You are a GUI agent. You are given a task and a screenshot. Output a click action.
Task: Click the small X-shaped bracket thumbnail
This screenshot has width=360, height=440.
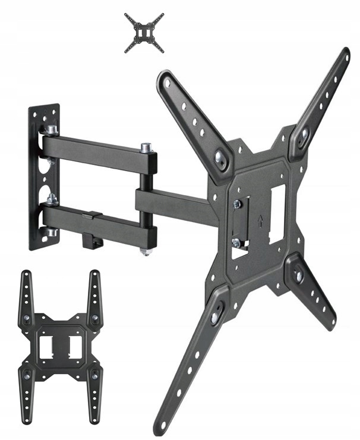(144, 33)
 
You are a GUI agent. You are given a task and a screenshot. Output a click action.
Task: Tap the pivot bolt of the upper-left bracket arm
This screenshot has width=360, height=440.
(222, 158)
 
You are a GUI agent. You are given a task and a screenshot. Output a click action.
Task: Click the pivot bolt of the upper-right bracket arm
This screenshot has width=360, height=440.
(304, 135)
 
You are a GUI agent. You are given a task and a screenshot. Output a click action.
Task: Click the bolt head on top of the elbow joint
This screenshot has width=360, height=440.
(145, 147)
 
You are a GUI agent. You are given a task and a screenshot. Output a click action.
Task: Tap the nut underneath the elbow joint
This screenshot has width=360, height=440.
(144, 252)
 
